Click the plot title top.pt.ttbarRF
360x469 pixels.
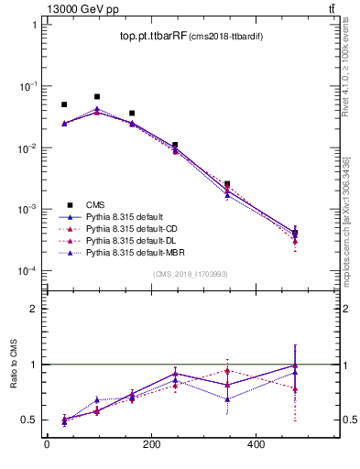tap(152, 37)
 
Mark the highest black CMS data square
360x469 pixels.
tap(97, 96)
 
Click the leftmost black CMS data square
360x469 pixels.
tap(64, 104)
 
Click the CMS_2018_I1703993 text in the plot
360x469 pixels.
tap(191, 274)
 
